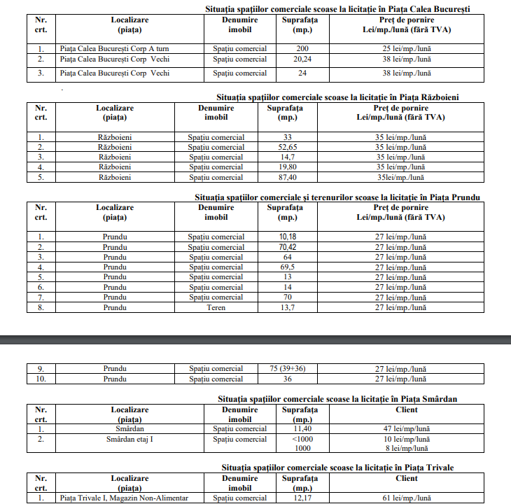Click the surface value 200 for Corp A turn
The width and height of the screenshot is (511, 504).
(302, 48)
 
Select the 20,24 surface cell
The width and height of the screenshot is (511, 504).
(302, 59)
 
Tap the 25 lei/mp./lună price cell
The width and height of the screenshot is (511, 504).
(407, 48)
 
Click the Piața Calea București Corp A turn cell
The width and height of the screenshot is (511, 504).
(115, 48)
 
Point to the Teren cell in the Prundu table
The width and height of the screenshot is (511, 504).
(216, 307)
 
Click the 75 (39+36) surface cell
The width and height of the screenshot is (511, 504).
(288, 368)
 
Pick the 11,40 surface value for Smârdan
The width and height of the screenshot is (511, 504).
(302, 428)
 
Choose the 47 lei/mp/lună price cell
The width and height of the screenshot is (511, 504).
(407, 428)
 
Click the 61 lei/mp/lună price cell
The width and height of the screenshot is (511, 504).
(407, 498)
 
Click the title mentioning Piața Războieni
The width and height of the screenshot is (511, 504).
(338, 97)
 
